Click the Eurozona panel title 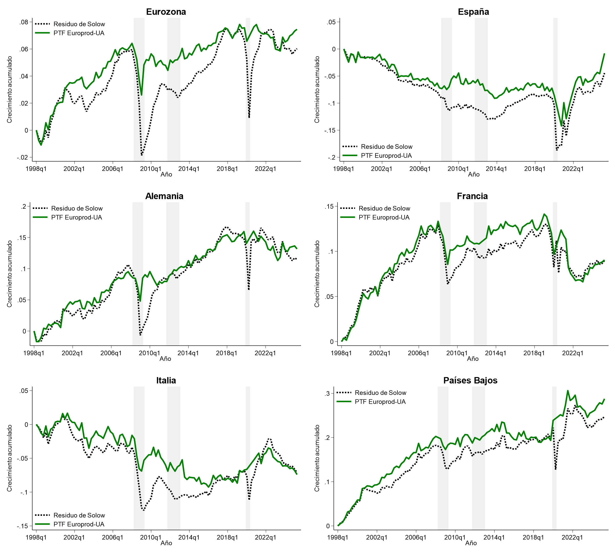tap(166, 12)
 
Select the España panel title tap(473, 12)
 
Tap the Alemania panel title tap(164, 196)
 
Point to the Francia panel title tap(472, 196)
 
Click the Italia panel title tap(166, 380)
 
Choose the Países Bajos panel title tap(470, 380)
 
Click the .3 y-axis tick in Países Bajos tap(327, 394)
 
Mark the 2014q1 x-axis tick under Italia tap(189, 537)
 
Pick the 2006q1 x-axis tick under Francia tap(418, 353)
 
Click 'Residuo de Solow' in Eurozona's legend tap(79, 24)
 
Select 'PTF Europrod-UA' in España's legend tap(386, 156)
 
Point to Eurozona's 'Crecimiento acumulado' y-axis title tap(9, 90)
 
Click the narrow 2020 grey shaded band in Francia tap(555, 273)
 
